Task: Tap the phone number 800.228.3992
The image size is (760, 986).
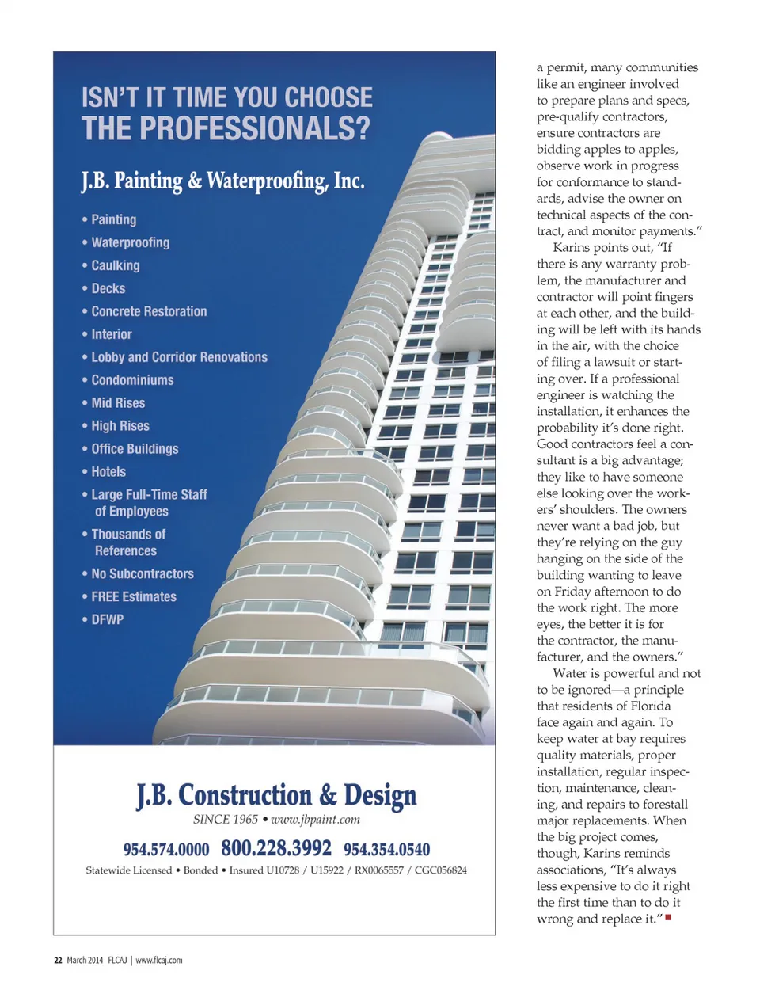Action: (x=276, y=848)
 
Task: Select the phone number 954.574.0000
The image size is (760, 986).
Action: (x=166, y=850)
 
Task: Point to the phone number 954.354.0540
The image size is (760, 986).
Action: (x=386, y=850)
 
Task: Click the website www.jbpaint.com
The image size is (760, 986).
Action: (x=315, y=820)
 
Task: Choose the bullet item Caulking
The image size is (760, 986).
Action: (x=116, y=265)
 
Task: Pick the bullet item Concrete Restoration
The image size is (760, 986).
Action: (x=149, y=311)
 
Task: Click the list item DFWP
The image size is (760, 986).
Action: (x=108, y=619)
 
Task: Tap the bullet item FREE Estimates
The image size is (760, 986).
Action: (x=134, y=596)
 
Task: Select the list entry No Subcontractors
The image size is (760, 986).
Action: (x=142, y=573)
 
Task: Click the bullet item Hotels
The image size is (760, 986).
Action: (x=108, y=471)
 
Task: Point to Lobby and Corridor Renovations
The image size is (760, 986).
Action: (x=179, y=357)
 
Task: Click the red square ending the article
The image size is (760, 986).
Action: (x=669, y=918)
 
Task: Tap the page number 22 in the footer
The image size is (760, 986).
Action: (x=58, y=961)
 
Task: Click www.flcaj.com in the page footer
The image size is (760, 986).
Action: (x=159, y=961)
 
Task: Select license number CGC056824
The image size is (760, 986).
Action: (x=441, y=870)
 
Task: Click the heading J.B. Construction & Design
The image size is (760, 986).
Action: (x=276, y=795)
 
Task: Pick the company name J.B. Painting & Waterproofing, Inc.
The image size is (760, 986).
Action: (x=222, y=181)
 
